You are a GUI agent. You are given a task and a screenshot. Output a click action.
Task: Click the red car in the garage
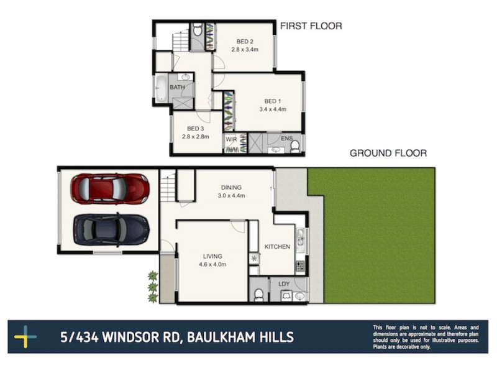pos(110,188)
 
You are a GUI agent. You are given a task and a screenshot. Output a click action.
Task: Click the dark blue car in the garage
pos(111,229)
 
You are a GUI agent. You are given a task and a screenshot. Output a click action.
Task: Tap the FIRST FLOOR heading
pos(311,26)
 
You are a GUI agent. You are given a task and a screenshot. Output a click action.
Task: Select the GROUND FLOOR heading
pos(388,153)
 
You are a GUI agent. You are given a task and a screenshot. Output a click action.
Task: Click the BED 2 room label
pos(244,42)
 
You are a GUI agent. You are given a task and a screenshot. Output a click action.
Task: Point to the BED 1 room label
pos(273,101)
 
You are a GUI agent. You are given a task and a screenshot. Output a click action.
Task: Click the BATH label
pos(178,88)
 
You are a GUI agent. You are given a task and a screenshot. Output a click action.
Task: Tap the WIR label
pos(231,139)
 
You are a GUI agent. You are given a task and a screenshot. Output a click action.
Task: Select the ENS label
pos(286,138)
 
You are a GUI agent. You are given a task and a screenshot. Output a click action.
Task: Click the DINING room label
pos(231,188)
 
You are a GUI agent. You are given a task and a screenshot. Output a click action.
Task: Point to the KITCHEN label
pos(277,247)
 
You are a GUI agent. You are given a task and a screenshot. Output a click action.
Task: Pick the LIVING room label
pos(212,256)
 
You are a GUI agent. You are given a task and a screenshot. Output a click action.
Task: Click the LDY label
pos(285,284)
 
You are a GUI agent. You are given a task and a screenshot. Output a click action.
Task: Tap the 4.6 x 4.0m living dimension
pos(212,264)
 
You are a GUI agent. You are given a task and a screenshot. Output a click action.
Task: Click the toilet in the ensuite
pos(295,146)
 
